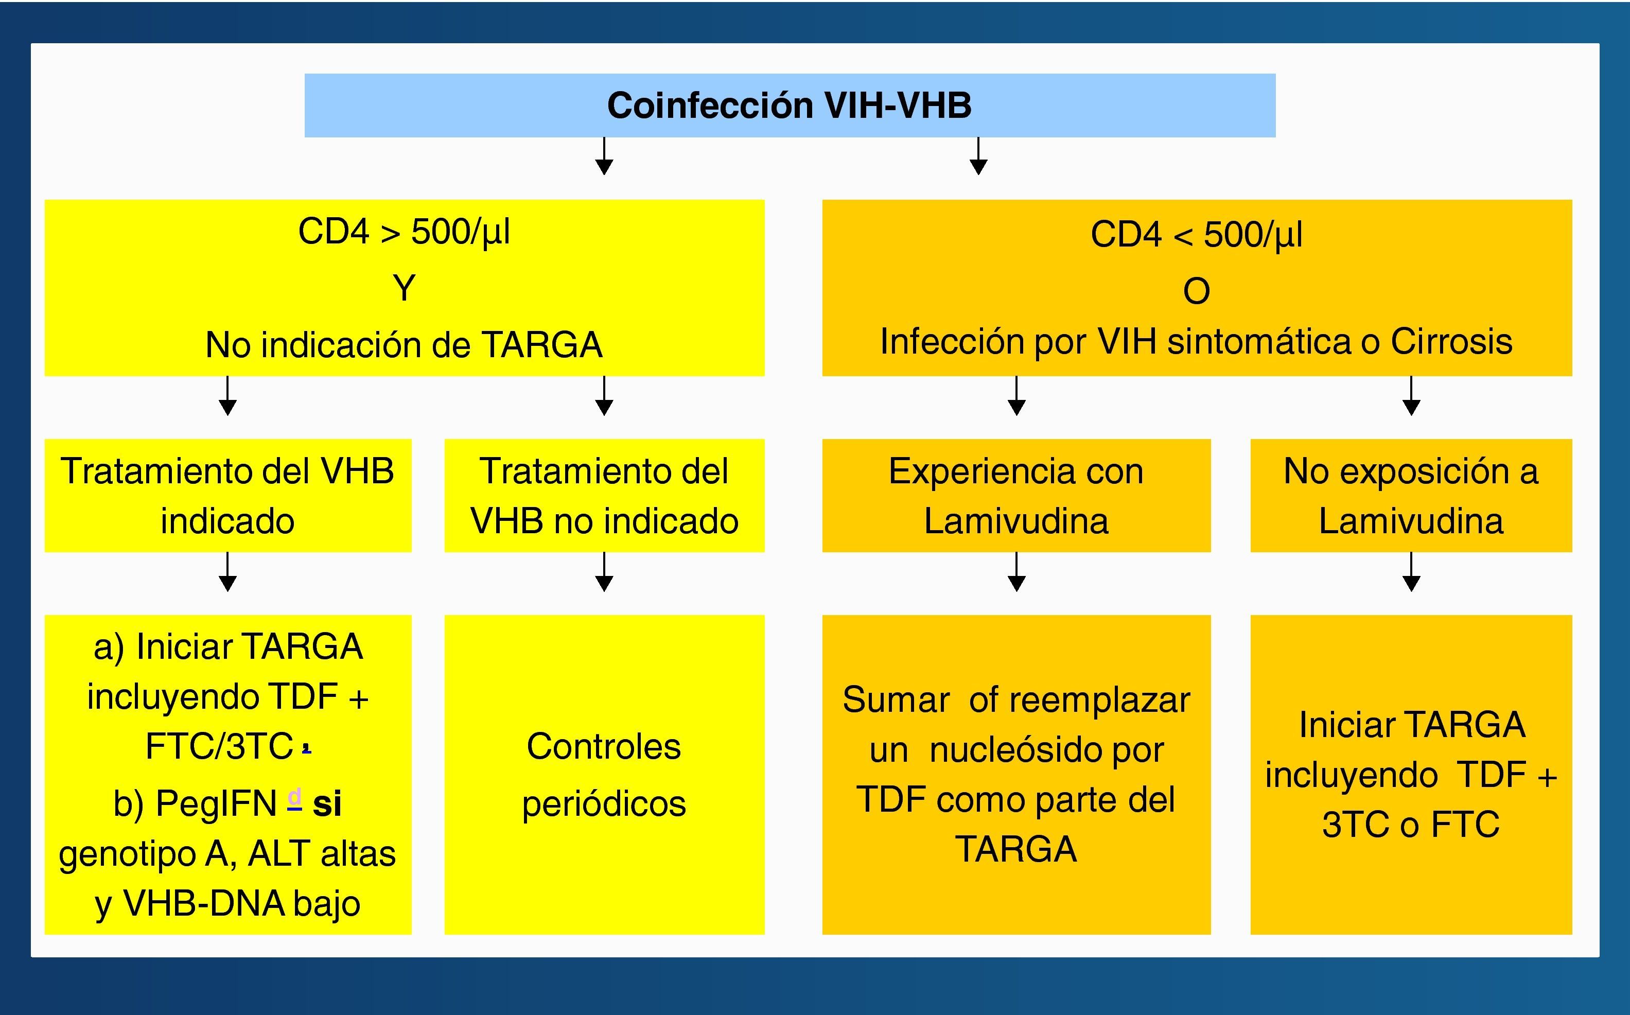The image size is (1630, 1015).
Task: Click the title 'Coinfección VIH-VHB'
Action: pyautogui.click(x=789, y=106)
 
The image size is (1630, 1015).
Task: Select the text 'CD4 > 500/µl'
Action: pyautogui.click(x=404, y=232)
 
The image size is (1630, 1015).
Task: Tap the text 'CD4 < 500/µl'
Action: pyautogui.click(x=1197, y=235)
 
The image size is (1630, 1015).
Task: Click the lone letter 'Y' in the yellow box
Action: pyautogui.click(x=404, y=289)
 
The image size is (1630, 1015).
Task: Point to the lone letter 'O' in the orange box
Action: pyautogui.click(x=1197, y=291)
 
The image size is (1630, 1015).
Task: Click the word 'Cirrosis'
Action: pyautogui.click(x=1451, y=342)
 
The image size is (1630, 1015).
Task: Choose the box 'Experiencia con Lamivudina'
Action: pyautogui.click(x=1016, y=496)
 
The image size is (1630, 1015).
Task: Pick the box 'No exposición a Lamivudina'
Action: pyautogui.click(x=1411, y=496)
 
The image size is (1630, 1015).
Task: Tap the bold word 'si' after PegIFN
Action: pyautogui.click(x=327, y=803)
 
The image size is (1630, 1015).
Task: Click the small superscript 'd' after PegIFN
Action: pyautogui.click(x=294, y=797)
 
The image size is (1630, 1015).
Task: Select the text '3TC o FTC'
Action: pyautogui.click(x=1411, y=825)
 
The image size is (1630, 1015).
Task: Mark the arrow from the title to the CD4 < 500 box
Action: pyautogui.click(x=978, y=156)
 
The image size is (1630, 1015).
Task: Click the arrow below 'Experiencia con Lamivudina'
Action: pyautogui.click(x=1016, y=572)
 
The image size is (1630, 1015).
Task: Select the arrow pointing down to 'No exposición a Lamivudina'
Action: pyautogui.click(x=1411, y=396)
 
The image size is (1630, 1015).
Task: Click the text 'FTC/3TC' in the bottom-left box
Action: pyautogui.click(x=219, y=746)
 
